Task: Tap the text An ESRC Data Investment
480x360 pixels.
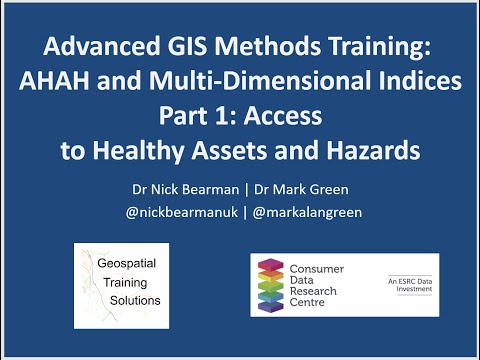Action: tap(408, 286)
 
